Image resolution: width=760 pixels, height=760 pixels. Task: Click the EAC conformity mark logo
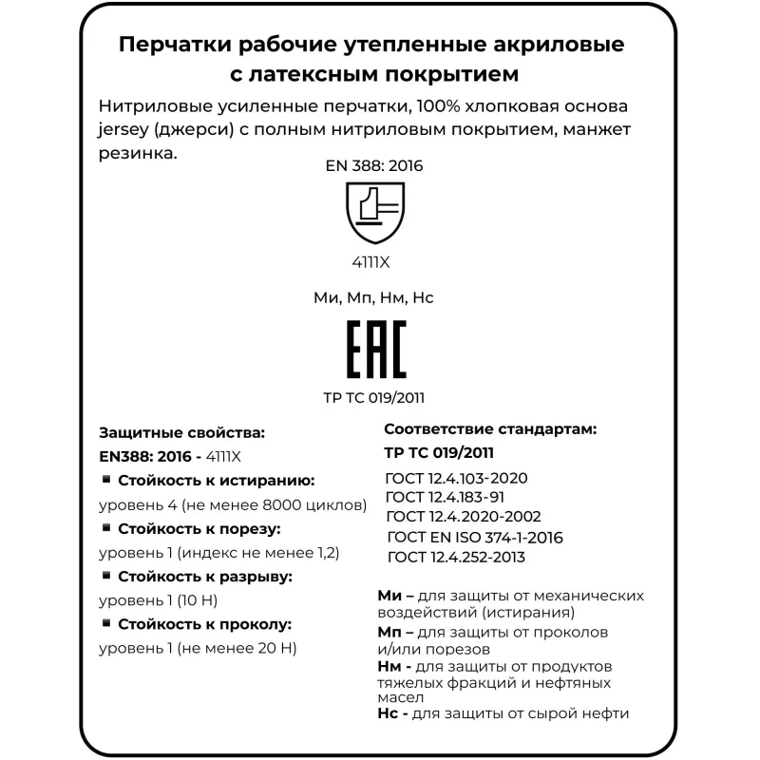point(374,350)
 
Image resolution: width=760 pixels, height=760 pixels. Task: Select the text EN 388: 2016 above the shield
point(373,165)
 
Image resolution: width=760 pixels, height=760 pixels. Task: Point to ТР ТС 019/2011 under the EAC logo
point(373,397)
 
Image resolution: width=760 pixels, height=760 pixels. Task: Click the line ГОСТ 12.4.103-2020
point(456,478)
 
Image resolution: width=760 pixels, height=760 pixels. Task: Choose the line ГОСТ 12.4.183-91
point(445,497)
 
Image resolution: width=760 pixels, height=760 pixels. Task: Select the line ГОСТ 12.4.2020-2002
point(464,517)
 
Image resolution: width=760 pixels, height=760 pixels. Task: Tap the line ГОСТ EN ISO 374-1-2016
point(475,537)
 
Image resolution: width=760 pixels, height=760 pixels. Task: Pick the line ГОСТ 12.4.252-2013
point(456,557)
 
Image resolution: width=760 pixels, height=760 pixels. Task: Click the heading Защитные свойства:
point(176,432)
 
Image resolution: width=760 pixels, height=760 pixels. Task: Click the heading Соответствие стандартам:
point(489,429)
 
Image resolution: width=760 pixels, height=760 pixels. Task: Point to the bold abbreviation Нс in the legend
point(389,712)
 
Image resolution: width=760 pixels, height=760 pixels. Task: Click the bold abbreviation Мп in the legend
point(389,632)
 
